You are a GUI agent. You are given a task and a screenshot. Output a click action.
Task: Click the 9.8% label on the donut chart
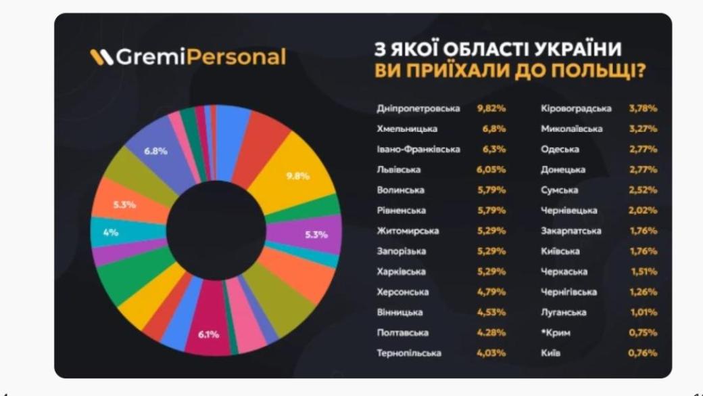[x=298, y=176]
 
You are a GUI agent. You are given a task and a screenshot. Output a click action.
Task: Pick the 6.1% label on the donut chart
[x=208, y=334]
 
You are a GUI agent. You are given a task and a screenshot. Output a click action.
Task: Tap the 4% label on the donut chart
[x=111, y=232]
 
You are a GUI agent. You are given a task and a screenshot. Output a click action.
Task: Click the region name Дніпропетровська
[x=418, y=108]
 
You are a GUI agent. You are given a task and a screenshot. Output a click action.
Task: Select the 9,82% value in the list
[x=491, y=108]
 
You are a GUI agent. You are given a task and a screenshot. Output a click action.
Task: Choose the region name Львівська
[x=399, y=170]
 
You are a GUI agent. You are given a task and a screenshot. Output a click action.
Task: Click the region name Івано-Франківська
[x=418, y=150]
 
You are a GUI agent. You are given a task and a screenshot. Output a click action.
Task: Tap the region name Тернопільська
[x=409, y=353]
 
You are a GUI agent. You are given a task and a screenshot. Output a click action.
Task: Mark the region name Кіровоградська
[x=576, y=108]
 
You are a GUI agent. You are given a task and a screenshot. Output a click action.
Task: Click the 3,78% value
[x=643, y=108]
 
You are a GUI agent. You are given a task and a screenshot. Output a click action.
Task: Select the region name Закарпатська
[x=571, y=231]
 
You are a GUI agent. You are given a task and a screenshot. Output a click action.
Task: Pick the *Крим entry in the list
[x=555, y=333]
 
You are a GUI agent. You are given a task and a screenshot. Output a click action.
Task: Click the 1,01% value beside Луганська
[x=643, y=313]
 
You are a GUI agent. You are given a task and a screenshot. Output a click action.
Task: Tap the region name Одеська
[x=560, y=150]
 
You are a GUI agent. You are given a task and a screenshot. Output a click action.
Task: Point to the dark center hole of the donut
[x=216, y=229]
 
